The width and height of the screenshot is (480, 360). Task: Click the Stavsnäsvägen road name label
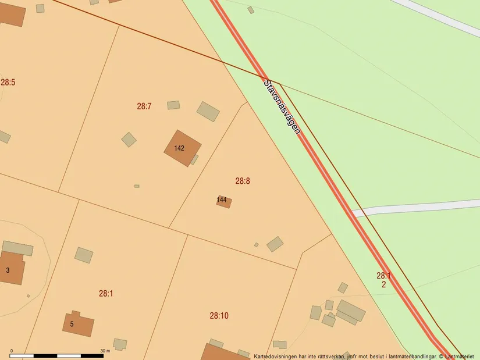click(282, 106)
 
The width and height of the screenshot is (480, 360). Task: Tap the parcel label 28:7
click(144, 106)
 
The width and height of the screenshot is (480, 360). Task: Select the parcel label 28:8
click(243, 181)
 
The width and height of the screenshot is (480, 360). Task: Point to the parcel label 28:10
click(219, 316)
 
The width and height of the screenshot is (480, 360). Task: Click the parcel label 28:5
click(8, 83)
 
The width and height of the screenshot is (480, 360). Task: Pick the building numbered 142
click(182, 148)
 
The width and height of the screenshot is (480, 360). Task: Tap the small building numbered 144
click(224, 201)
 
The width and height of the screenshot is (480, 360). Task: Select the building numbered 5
click(79, 325)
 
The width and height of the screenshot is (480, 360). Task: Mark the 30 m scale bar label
click(105, 350)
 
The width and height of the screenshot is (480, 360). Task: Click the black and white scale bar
click(56, 355)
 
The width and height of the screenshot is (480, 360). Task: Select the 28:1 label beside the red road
click(383, 276)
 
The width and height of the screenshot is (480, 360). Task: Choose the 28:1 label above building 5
click(106, 294)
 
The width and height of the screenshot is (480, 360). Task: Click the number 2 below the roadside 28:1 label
click(384, 284)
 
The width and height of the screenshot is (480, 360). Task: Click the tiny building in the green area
click(251, 10)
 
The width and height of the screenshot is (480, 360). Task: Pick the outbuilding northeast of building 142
click(208, 111)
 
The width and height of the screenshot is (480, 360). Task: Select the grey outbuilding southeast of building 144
click(275, 244)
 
